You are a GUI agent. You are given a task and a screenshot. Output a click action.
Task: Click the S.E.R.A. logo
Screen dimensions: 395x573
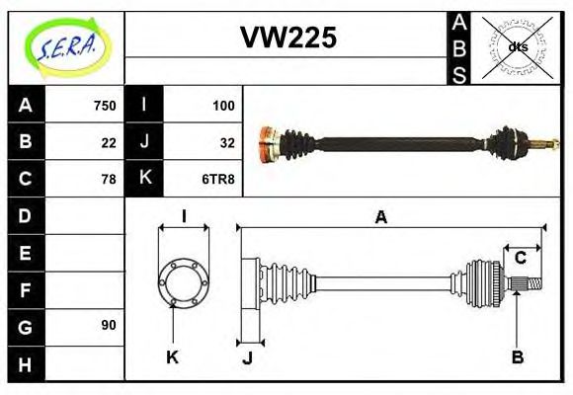coord(65,47)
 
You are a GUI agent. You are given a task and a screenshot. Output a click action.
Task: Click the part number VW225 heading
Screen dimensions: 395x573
coord(288,39)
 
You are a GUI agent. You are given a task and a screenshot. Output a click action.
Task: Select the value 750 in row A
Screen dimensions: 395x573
coord(104,106)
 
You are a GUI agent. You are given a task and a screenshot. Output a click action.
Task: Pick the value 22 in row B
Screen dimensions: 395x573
coord(108,142)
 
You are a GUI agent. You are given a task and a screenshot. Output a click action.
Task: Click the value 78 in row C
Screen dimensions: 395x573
coord(108,179)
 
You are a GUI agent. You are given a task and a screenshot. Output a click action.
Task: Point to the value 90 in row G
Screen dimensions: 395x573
coord(108,325)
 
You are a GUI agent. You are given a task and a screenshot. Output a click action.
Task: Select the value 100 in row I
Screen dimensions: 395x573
coord(222,106)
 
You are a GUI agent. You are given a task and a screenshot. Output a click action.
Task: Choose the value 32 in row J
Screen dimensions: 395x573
coord(226,142)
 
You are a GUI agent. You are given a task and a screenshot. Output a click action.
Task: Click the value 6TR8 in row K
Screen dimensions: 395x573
coord(218,179)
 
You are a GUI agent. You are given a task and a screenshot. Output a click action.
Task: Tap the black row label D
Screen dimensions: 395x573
coord(25,215)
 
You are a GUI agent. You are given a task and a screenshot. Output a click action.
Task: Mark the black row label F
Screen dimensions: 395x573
coord(25,289)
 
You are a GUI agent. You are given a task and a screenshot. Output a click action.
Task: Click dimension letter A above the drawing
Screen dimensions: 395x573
coord(380,217)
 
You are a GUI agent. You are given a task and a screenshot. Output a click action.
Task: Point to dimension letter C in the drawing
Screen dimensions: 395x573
coord(521,258)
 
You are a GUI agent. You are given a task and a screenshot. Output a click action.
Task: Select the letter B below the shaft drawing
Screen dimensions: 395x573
coord(517,357)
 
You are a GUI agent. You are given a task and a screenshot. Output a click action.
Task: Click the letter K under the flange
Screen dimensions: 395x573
coord(172,357)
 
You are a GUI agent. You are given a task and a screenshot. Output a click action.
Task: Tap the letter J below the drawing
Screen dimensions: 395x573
coord(247,358)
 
